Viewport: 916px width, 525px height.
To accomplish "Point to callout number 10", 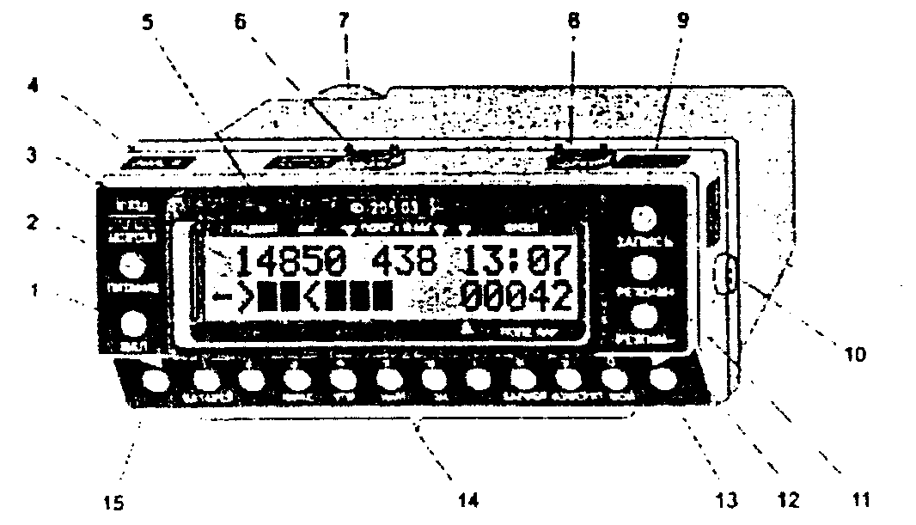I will pos(854,352).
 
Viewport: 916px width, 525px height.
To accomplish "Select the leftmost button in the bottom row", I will pos(156,380).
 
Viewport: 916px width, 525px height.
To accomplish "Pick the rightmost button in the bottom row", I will pos(663,380).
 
